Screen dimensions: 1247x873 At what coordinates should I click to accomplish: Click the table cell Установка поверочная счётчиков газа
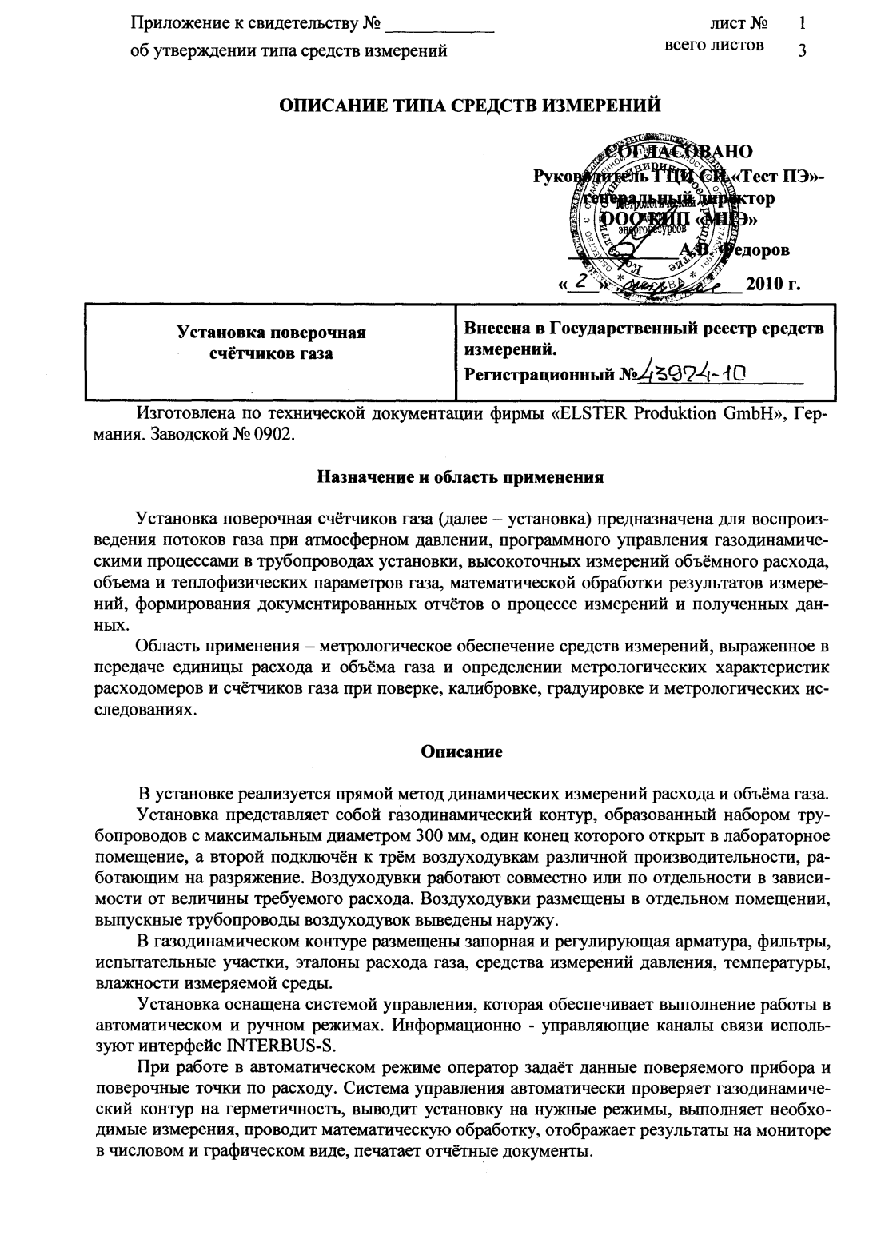271,343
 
